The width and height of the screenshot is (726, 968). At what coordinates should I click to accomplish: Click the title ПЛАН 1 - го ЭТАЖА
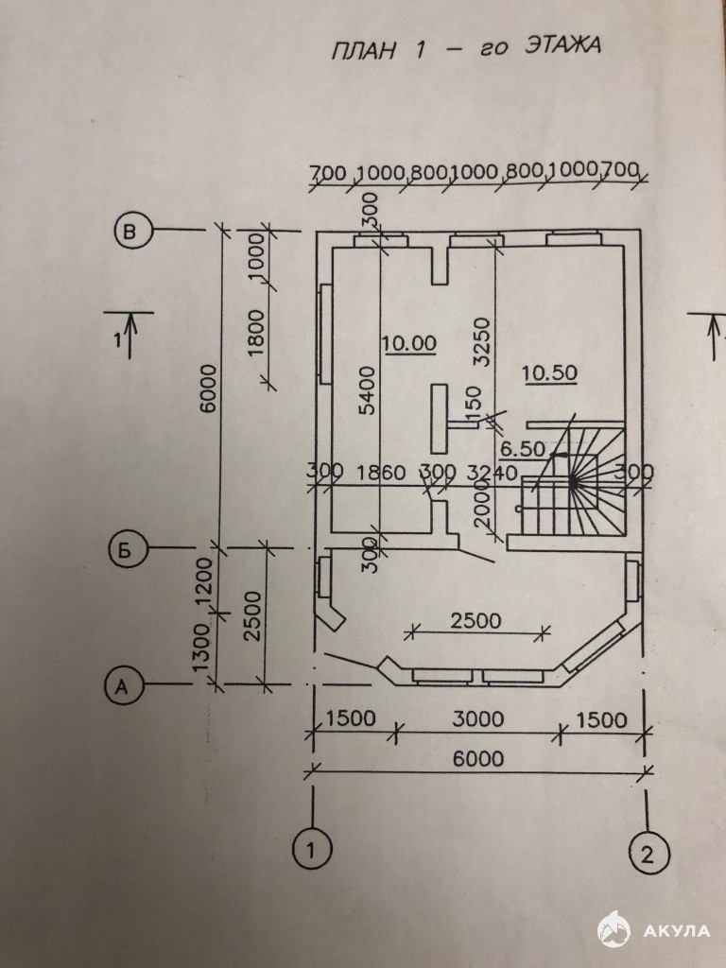(464, 49)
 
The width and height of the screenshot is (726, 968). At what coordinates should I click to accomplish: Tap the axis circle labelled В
(132, 230)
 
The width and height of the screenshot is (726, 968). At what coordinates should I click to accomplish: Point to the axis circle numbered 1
(307, 849)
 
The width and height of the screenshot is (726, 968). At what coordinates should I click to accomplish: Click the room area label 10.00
(409, 343)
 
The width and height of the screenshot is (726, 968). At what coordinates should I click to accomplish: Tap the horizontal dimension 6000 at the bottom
(477, 758)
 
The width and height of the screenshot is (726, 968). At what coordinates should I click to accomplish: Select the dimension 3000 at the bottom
(477, 719)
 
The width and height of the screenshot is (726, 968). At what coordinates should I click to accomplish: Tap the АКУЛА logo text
(676, 929)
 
